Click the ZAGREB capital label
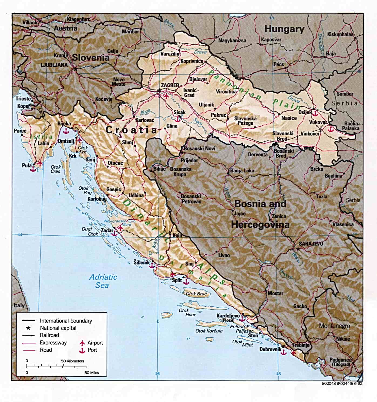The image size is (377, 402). (170, 85)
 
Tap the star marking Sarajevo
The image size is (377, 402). (298, 249)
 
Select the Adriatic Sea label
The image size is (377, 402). (103, 281)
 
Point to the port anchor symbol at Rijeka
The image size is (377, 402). (65, 131)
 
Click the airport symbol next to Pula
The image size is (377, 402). (40, 163)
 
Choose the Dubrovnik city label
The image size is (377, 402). (270, 349)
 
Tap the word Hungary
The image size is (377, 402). (284, 29)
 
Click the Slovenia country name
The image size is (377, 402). (90, 57)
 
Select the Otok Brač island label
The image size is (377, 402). (196, 294)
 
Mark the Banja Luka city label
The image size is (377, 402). (242, 171)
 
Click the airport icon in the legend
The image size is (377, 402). (82, 343)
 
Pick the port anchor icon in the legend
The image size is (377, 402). (82, 350)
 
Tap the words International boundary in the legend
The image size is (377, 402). (66, 321)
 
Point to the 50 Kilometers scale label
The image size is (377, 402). (72, 361)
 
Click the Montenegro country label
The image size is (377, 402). (334, 326)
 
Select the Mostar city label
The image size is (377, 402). (275, 293)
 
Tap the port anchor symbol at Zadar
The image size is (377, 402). (115, 233)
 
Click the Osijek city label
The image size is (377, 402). (305, 112)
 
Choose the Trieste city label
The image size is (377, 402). (23, 99)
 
